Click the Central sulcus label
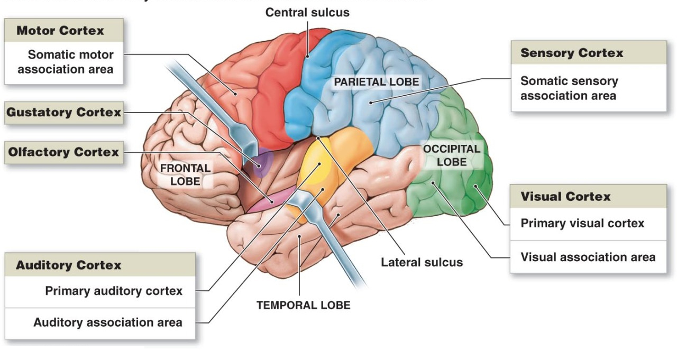[x=307, y=12]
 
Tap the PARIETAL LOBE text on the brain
[x=376, y=82]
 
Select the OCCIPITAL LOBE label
[x=451, y=155]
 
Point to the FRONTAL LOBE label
[x=185, y=174]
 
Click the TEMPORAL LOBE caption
[x=303, y=305]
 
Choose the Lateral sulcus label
[x=422, y=262]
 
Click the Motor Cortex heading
[x=60, y=31]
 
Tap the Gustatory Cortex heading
[x=63, y=112]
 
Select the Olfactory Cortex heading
[x=63, y=152]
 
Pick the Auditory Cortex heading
[x=69, y=265]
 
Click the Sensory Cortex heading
[x=572, y=53]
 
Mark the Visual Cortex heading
[x=565, y=197]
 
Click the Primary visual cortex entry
[x=582, y=223]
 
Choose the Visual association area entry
[x=588, y=257]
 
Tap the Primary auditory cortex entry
[x=114, y=291]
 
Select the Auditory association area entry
[x=108, y=322]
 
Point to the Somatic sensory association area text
[x=569, y=88]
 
